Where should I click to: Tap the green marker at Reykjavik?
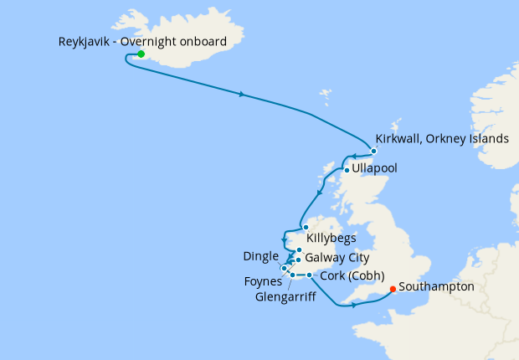coord(141,54)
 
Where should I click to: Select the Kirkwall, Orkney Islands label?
coord(442,138)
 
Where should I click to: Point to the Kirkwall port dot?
coord(373,151)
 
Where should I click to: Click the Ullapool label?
coord(375,168)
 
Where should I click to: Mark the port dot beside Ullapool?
coord(347,170)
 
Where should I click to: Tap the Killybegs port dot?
coord(306,227)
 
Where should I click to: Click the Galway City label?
coord(337,258)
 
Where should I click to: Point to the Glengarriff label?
coord(284,295)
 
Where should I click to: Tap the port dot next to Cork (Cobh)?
coord(310,275)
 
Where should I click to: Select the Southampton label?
coord(436,287)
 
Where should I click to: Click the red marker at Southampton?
coord(393,291)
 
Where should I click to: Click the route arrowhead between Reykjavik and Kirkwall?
coord(241,95)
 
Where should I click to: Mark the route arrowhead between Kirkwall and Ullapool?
coord(355,157)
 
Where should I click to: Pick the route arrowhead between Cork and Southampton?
coord(355,306)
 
